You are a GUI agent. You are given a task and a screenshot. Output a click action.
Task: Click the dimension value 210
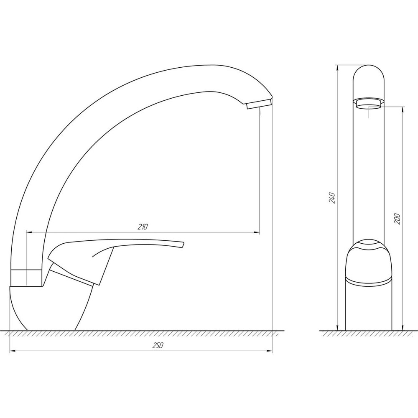tap(142, 227)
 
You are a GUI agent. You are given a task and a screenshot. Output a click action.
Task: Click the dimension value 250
tap(157, 346)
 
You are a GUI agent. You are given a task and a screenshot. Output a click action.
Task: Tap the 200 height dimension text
tap(398, 219)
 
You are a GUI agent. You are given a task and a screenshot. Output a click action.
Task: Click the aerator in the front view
tap(368, 103)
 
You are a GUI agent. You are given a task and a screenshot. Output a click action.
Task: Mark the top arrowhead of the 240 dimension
tap(337, 68)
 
